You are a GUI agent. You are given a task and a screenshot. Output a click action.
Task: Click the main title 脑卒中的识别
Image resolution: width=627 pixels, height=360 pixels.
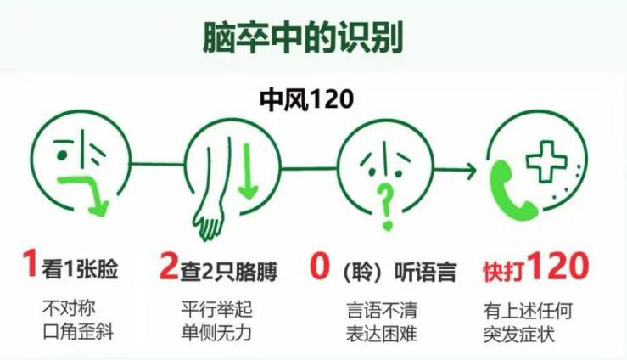point(303,37)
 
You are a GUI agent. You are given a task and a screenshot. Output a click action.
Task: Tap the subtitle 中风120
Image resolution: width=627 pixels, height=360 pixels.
point(306,99)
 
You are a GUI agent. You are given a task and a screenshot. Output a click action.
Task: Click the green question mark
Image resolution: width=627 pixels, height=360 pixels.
point(386,207)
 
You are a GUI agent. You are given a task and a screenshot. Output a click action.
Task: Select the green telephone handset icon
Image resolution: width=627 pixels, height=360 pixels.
point(512,191)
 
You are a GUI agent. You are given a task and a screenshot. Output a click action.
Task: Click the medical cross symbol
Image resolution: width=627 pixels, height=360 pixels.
point(546,161)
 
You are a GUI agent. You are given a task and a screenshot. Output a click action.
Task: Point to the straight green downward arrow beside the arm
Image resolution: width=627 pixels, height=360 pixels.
point(249,172)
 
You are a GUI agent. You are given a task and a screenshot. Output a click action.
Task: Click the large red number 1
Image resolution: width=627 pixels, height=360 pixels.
point(30,263)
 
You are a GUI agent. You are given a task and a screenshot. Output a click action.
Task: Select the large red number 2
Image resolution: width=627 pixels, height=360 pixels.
point(168,265)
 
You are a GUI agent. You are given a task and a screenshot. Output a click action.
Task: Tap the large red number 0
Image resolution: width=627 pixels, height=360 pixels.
point(320,265)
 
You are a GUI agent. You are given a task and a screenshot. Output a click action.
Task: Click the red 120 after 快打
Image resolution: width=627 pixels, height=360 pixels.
point(558,265)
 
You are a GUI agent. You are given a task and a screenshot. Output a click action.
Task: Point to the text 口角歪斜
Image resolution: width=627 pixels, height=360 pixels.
point(78,332)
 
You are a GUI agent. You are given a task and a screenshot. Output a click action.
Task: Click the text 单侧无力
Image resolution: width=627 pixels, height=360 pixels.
point(216,332)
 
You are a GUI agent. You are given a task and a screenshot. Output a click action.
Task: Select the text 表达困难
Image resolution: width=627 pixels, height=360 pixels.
point(382,333)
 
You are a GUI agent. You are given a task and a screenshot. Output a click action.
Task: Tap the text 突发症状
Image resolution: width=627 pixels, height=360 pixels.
point(519,334)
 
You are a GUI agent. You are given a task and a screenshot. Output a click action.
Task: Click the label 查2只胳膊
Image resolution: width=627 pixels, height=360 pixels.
point(228,272)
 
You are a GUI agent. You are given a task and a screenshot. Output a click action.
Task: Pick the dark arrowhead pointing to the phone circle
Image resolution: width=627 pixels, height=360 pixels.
point(471,171)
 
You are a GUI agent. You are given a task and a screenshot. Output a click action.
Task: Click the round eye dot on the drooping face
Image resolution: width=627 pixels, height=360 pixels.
point(62,155)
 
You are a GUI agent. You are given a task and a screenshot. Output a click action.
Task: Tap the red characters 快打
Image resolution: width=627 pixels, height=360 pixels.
point(505,272)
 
